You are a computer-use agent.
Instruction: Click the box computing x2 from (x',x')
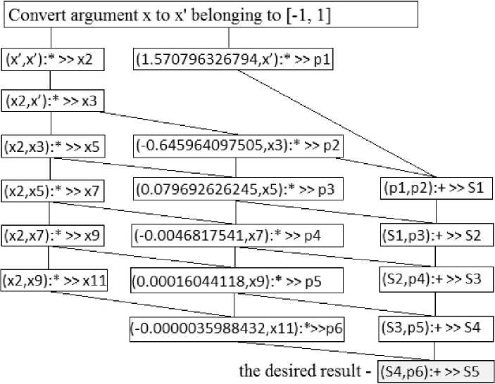click(54, 60)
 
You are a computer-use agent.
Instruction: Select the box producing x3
click(54, 103)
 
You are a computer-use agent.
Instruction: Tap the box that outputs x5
click(54, 147)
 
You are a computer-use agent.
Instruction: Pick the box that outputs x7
click(54, 191)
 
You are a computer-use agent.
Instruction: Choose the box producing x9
click(54, 235)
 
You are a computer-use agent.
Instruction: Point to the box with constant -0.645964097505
click(237, 147)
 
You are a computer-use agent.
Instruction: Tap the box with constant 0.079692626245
click(237, 191)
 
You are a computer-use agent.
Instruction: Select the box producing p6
click(237, 328)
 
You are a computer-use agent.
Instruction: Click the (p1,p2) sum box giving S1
click(436, 191)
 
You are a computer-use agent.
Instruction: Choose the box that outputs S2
click(436, 235)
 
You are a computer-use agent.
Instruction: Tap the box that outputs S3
click(436, 279)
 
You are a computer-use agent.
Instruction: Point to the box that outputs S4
click(436, 328)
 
